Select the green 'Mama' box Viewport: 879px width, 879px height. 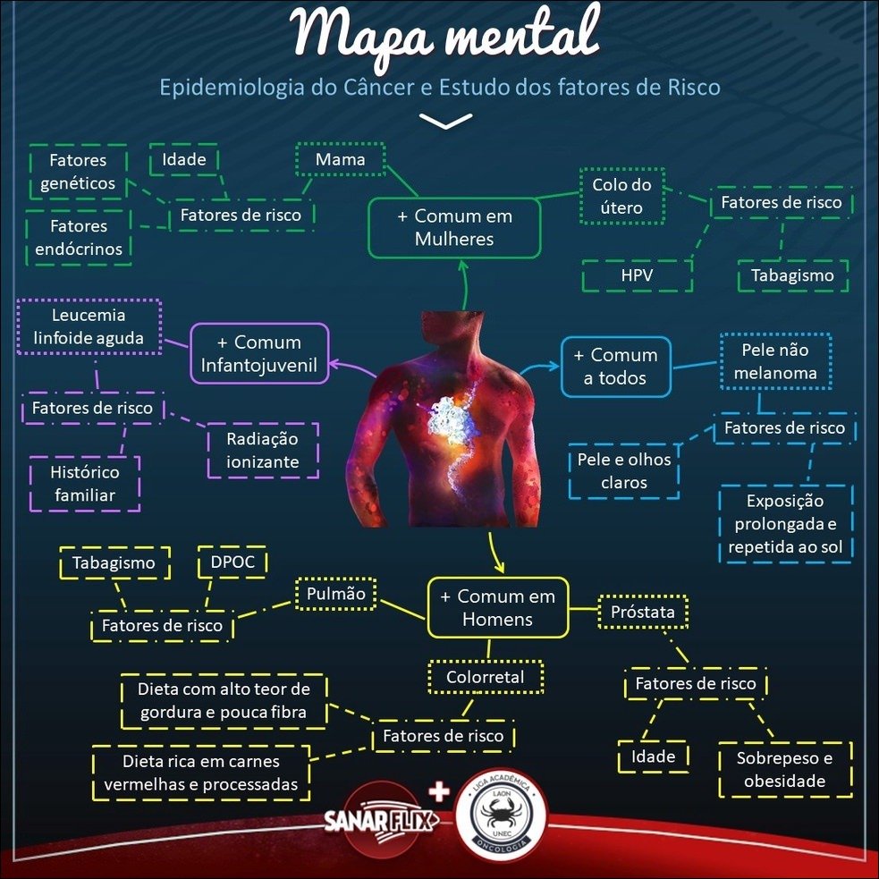340,160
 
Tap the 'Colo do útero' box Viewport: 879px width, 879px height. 621,197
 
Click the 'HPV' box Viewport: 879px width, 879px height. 637,275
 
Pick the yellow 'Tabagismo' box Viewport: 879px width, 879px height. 114,563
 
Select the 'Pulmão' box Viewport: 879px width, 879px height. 336,594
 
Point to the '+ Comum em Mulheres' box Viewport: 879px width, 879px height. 454,228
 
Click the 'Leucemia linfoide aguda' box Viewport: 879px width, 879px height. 89,327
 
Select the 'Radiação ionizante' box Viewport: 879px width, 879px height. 262,451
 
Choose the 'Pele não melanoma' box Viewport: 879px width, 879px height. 775,361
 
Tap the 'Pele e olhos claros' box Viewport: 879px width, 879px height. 623,471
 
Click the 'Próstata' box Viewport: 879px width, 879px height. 642,613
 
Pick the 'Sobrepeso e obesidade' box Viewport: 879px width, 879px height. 784,770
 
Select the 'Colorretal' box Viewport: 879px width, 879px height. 486,677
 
